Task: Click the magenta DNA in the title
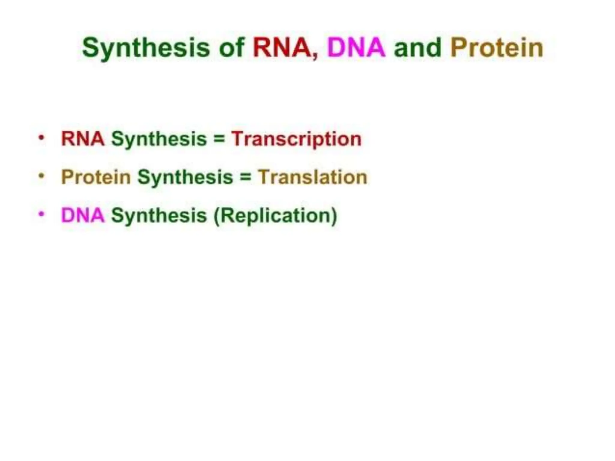[356, 47]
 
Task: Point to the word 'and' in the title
[418, 47]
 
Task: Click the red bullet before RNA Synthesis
[41, 138]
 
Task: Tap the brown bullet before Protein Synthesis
[41, 176]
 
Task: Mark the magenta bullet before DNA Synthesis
[41, 214]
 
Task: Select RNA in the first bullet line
[83, 139]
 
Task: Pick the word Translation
[313, 177]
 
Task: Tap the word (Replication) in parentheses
[275, 216]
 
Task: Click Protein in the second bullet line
[96, 177]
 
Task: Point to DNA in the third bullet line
[83, 215]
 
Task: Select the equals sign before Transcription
[219, 139]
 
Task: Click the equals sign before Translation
[245, 177]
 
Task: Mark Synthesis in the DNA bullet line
[159, 216]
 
